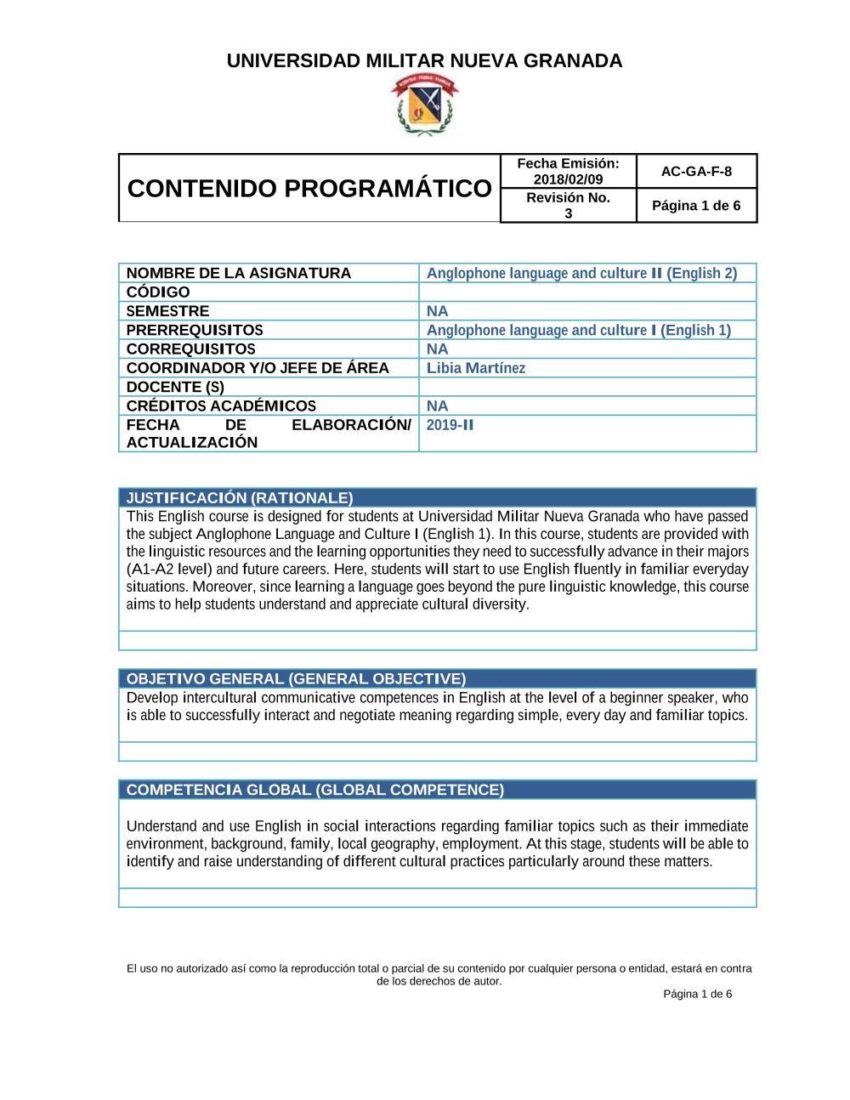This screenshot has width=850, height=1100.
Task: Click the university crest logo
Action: coord(424,105)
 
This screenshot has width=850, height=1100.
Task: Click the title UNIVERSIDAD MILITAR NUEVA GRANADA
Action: coord(424,61)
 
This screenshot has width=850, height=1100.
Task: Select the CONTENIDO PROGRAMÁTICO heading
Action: coord(309,188)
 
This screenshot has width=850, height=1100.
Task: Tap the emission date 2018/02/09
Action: coord(568,179)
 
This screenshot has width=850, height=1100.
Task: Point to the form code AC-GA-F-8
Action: coord(696,171)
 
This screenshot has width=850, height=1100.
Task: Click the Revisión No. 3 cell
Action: coord(568,205)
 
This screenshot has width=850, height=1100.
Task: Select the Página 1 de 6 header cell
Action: coord(696,206)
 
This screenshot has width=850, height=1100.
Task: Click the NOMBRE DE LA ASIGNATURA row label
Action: coord(238,273)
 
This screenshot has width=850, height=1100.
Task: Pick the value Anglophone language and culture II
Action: coord(581,273)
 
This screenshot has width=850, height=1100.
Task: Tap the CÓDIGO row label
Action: coord(158,292)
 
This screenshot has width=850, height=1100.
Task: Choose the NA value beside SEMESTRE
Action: coord(437,311)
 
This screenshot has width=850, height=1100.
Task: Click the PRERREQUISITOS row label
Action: coord(195,330)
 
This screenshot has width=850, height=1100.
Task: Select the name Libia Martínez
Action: coord(476,368)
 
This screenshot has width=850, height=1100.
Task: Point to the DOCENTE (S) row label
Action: coord(175,387)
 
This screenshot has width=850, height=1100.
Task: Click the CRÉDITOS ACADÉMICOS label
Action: coord(221,405)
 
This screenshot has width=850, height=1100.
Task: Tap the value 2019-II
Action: coord(450,425)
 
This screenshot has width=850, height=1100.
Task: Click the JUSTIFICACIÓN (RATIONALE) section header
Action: coord(240,498)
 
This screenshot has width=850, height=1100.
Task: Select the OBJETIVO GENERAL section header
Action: coord(296,679)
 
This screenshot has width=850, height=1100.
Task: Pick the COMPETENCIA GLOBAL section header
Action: coord(314,790)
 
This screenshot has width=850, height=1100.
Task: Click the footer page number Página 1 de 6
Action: coord(697,994)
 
